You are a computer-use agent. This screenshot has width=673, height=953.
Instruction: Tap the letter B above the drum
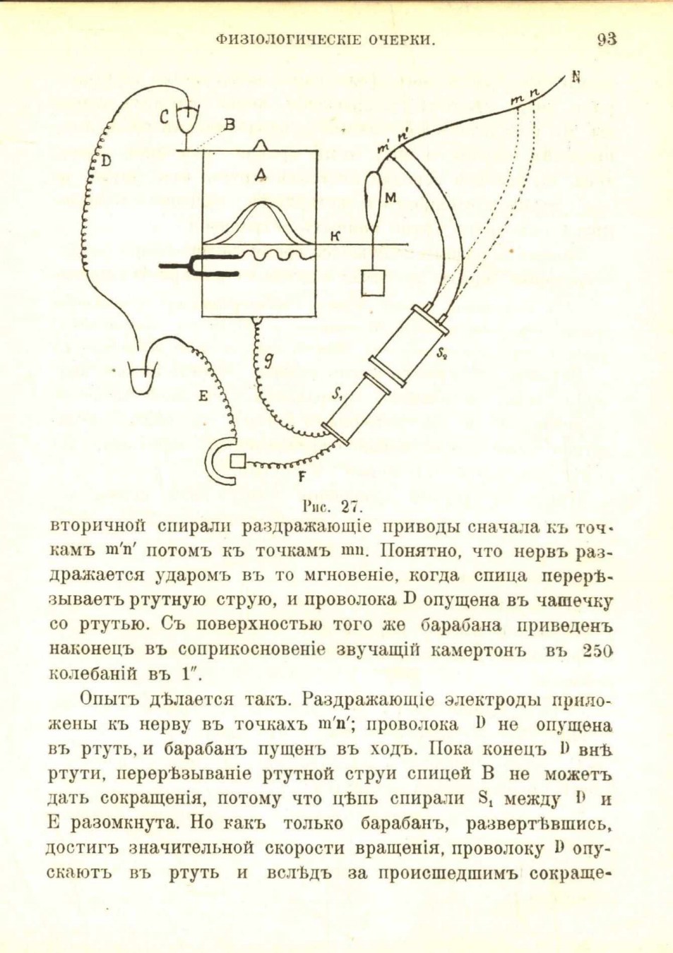[x=230, y=125]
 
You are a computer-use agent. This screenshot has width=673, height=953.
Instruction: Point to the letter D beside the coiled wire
[x=107, y=160]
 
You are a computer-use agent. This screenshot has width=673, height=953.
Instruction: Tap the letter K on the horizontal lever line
[x=335, y=237]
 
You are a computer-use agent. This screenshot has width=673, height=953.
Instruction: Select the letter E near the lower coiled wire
[x=203, y=397]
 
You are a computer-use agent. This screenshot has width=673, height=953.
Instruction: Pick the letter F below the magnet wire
[x=302, y=478]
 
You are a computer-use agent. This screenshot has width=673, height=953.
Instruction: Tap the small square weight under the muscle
[x=373, y=282]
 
